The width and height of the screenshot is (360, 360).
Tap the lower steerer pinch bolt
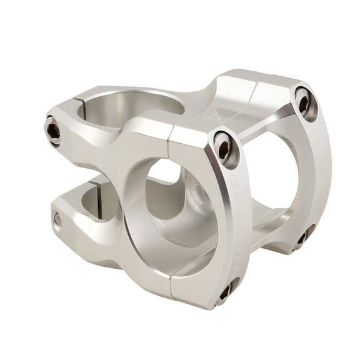coord(58,219)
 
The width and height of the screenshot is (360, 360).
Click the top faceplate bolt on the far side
coord(305,102)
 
